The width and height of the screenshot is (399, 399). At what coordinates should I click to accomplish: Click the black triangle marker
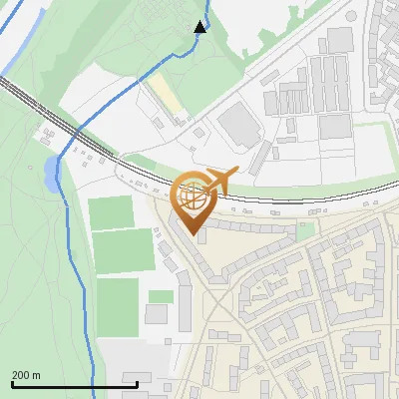click(199, 26)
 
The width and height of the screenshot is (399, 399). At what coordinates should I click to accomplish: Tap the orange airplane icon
click(218, 181)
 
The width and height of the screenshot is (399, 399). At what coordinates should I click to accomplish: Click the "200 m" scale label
click(26, 375)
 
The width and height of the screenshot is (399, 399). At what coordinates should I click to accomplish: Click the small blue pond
click(51, 175)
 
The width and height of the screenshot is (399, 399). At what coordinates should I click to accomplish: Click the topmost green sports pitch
click(111, 211)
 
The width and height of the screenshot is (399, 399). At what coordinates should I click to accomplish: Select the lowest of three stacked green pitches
click(118, 305)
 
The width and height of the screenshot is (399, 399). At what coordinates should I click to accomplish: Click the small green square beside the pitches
click(161, 296)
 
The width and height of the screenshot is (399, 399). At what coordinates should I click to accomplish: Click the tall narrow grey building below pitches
click(185, 308)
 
